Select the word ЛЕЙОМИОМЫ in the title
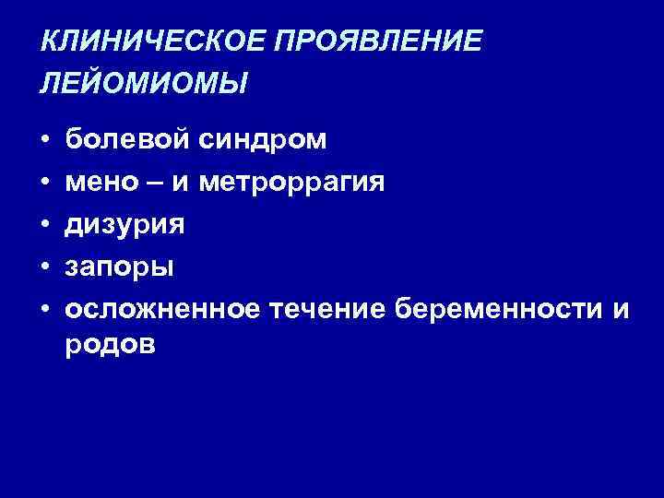click(144, 84)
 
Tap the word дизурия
click(125, 224)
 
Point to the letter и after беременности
click(621, 309)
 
